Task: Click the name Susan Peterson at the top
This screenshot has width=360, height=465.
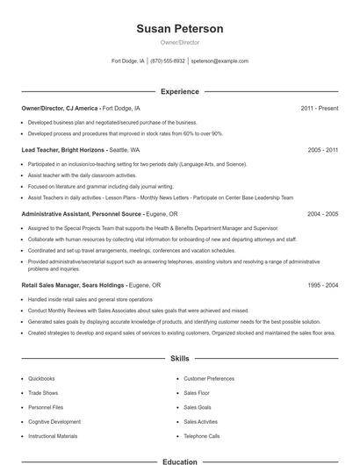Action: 179,29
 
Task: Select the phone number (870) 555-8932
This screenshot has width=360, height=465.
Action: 168,61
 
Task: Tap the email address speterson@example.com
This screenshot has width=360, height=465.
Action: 220,61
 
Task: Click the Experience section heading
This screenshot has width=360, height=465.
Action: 179,91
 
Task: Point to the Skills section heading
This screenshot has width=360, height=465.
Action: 179,359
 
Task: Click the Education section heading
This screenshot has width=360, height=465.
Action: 179,461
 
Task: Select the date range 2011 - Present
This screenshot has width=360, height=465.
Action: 319,108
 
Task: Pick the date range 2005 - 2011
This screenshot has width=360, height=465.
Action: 322,150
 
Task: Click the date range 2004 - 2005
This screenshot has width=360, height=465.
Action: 322,213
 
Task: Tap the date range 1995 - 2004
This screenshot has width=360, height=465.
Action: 322,285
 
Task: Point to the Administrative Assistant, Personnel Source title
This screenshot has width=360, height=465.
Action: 79,213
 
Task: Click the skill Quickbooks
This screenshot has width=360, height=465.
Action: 42,378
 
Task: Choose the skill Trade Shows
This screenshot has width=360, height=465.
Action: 43,393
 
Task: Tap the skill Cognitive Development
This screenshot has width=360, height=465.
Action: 54,422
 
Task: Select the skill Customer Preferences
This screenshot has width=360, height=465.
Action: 209,378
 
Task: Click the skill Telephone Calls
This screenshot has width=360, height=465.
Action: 202,436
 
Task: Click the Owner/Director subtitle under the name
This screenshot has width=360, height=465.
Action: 179,42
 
